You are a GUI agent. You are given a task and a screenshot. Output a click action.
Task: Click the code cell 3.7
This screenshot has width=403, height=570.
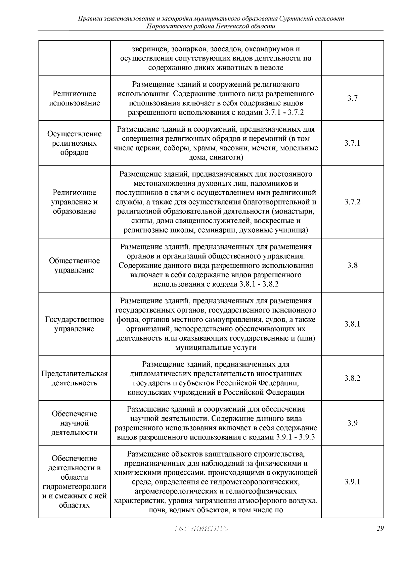[352, 98]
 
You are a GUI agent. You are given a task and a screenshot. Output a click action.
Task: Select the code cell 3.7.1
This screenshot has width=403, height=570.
[352, 143]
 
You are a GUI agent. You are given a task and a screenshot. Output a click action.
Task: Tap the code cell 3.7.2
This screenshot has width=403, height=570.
[352, 202]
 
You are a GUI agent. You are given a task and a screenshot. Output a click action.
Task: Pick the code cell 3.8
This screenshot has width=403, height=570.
[352, 266]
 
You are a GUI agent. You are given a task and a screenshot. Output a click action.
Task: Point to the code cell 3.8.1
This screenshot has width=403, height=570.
[352, 324]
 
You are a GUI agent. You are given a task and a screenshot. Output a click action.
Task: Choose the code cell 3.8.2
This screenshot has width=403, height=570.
[352, 378]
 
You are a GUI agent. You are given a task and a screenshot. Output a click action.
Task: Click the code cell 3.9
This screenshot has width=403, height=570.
[352, 423]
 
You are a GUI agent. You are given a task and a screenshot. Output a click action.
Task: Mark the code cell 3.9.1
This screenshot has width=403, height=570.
[352, 482]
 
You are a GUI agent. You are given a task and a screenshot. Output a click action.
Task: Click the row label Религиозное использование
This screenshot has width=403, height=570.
[74, 98]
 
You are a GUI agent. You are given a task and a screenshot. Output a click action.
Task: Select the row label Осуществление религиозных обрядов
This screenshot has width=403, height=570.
[74, 143]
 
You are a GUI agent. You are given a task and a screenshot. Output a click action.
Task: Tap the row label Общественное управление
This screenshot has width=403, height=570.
[74, 266]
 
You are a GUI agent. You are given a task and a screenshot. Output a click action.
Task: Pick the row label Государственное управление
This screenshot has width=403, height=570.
[74, 324]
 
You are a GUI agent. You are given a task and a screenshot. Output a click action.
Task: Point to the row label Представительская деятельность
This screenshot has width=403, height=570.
[74, 378]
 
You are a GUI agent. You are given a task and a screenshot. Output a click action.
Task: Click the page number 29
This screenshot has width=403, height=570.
[380, 529]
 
